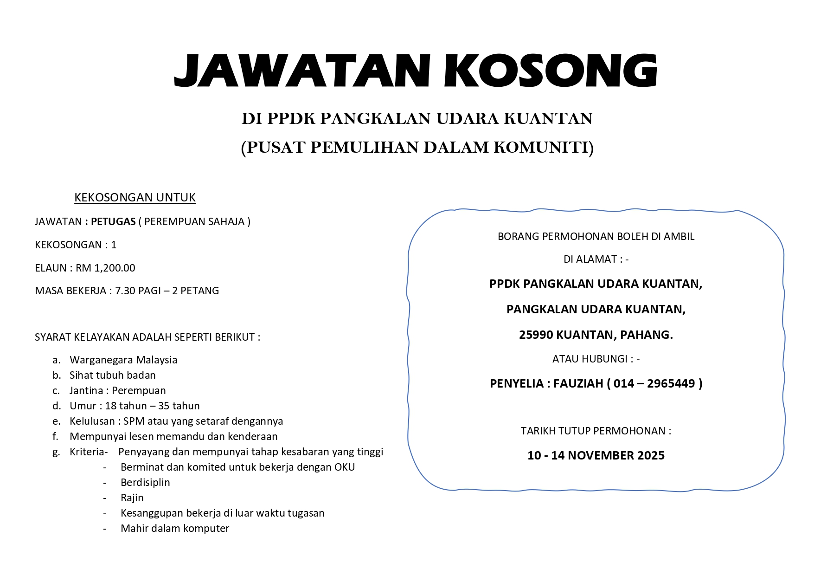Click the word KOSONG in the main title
[551, 71]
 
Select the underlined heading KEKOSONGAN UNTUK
[135, 197]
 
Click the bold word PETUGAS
[113, 221]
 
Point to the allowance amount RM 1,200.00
[105, 268]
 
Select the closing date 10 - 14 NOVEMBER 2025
[596, 455]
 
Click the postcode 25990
[536, 335]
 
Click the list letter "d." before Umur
[57, 406]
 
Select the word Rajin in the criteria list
[132, 498]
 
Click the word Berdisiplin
[145, 483]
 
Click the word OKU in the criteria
[345, 467]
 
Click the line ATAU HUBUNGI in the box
[596, 359]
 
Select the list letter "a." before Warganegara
[57, 360]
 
